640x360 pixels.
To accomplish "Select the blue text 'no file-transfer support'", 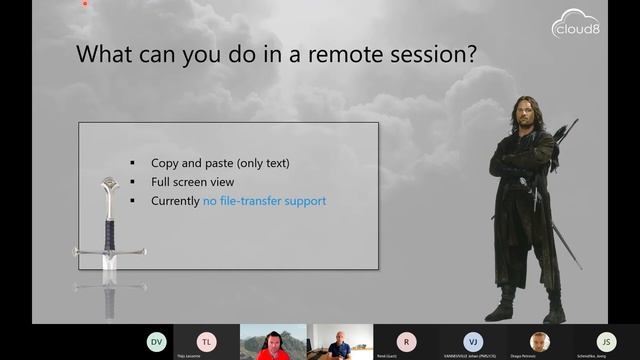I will point(264,201).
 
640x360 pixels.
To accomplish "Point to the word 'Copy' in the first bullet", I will point(165,163).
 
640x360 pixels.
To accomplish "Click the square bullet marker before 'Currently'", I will point(132,201).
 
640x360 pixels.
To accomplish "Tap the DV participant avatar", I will point(156,341).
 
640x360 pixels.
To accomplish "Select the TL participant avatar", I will point(206,341).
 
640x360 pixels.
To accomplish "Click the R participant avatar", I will point(405,341).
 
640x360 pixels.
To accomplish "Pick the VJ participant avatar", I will point(472,341).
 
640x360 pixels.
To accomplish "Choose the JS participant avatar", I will point(604,341).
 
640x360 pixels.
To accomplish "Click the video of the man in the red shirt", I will point(272,343).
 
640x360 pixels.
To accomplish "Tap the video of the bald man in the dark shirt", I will point(339,343).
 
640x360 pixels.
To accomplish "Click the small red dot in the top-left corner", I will point(85,3).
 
